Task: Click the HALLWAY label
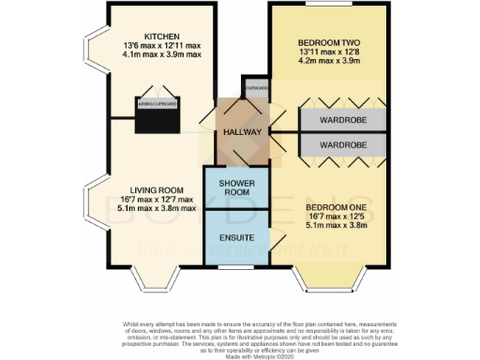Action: (x=239, y=132)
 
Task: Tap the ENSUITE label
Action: (x=236, y=238)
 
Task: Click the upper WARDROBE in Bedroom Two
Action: (x=340, y=121)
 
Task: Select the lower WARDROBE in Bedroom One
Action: (x=340, y=145)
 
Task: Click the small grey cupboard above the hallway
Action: (x=255, y=88)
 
